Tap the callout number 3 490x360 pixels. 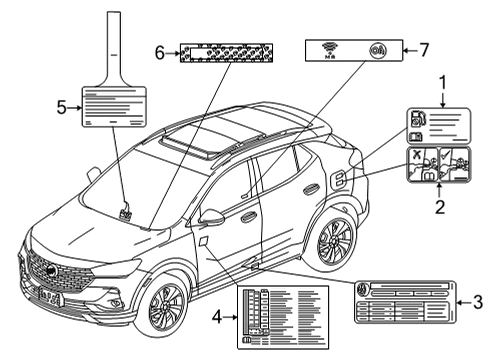(478, 300)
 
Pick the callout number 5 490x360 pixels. (62, 107)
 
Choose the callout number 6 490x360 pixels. (159, 50)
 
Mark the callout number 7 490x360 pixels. (423, 47)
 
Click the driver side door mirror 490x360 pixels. (212, 215)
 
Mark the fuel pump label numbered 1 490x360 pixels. (436, 124)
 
